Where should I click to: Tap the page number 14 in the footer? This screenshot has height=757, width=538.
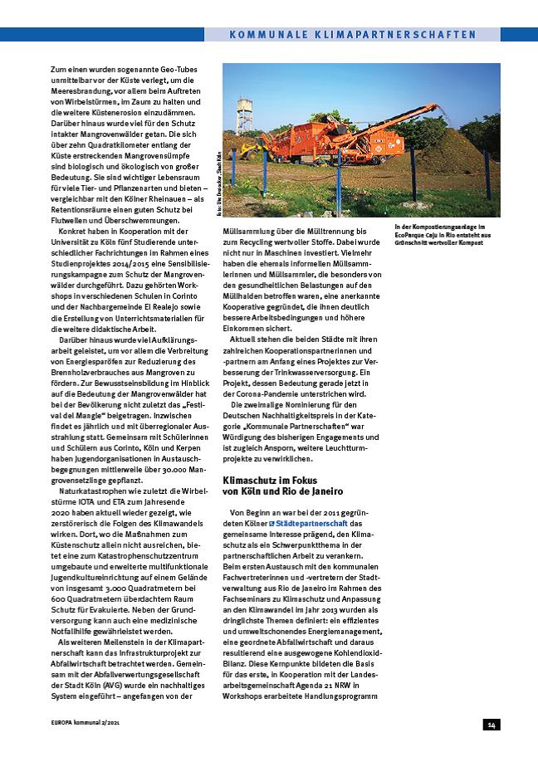tap(492, 725)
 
